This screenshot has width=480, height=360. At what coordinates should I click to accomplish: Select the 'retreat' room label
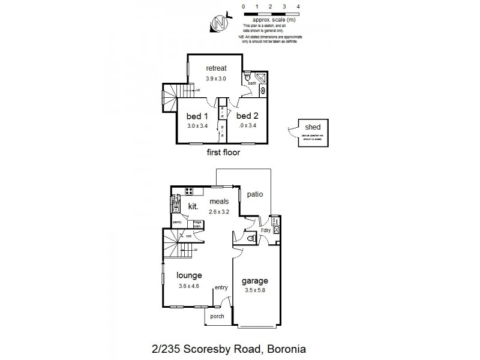pyautogui.click(x=216, y=68)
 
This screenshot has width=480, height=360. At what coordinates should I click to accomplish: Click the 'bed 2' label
pyautogui.click(x=247, y=116)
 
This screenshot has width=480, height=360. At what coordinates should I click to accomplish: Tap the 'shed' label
pyautogui.click(x=312, y=128)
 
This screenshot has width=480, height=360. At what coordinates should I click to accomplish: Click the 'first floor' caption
pyautogui.click(x=223, y=153)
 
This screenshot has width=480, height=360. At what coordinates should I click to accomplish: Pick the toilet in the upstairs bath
pyautogui.click(x=247, y=77)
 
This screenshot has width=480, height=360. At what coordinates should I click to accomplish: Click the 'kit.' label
pyautogui.click(x=193, y=206)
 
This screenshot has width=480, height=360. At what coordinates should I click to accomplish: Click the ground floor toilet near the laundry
pyautogui.click(x=253, y=238)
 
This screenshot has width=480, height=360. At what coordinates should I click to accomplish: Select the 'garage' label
pyautogui.click(x=254, y=280)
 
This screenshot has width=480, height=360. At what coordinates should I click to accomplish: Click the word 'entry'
pyautogui.click(x=221, y=288)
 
